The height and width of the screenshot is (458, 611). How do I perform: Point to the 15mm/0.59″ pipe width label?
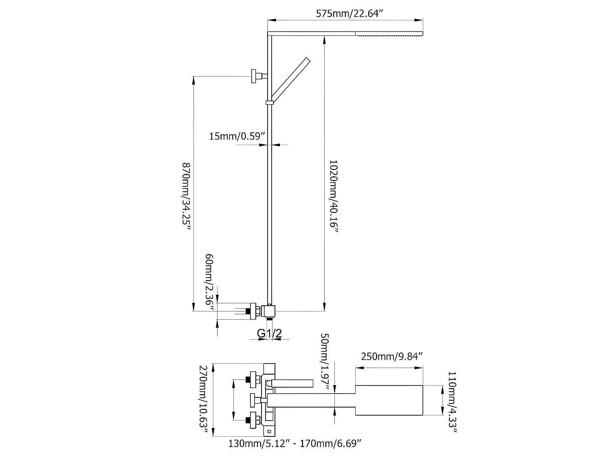coord(237,136)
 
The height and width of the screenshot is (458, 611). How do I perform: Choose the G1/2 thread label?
coord(269,333)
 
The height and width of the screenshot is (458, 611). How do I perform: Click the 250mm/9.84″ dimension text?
coord(391,356)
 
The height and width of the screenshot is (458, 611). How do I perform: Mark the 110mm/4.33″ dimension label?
coord(452,402)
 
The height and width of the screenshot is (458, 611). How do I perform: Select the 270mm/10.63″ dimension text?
coord(204,400)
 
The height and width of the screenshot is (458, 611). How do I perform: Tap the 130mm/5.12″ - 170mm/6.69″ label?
coord(295,443)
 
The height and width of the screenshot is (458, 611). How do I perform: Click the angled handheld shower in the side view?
coord(291,79)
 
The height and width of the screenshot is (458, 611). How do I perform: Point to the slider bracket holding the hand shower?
coord(269,102)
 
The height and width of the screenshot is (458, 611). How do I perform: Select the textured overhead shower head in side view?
coord(389,33)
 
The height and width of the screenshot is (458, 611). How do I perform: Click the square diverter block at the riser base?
coord(268,311)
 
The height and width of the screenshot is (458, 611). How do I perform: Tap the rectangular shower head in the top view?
coord(389,400)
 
